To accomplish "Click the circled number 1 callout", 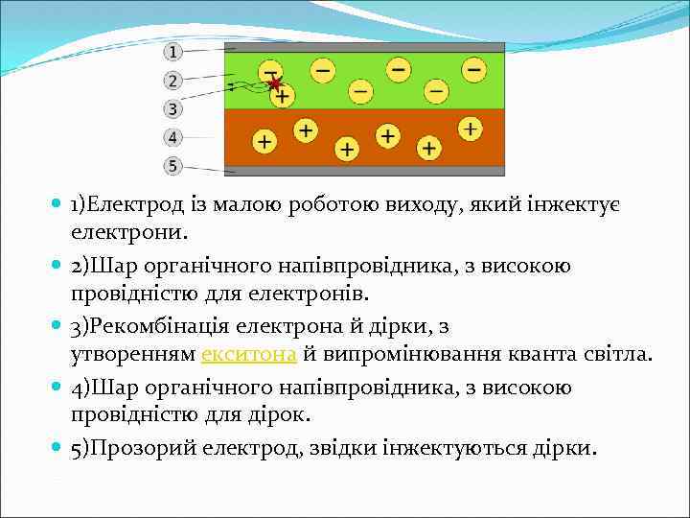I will pyautogui.click(x=172, y=51).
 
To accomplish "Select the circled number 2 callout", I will pyautogui.click(x=172, y=81).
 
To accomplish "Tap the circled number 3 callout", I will pyautogui.click(x=172, y=108).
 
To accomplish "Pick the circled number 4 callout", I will pyautogui.click(x=172, y=137).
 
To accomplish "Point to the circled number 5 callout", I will pyautogui.click(x=172, y=166).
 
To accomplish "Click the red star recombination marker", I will pyautogui.click(x=275, y=84).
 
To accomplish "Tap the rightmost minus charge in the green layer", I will pyautogui.click(x=473, y=70).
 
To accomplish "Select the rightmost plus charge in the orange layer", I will pyautogui.click(x=470, y=128).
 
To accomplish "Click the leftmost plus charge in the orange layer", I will pyautogui.click(x=264, y=142).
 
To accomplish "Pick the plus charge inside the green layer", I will pyautogui.click(x=283, y=96).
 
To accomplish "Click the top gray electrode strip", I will pyautogui.click(x=364, y=47).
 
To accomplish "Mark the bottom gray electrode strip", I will pyautogui.click(x=364, y=171).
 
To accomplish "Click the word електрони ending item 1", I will pyautogui.click(x=128, y=231).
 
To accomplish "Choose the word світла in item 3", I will pyautogui.click(x=618, y=355).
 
